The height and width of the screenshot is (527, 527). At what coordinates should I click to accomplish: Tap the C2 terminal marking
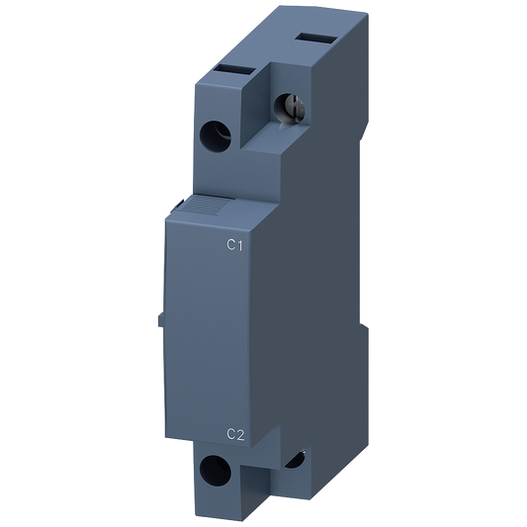tap(235, 432)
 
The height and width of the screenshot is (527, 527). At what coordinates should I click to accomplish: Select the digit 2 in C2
tap(240, 432)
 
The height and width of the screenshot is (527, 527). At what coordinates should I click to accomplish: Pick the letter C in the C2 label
tap(230, 432)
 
